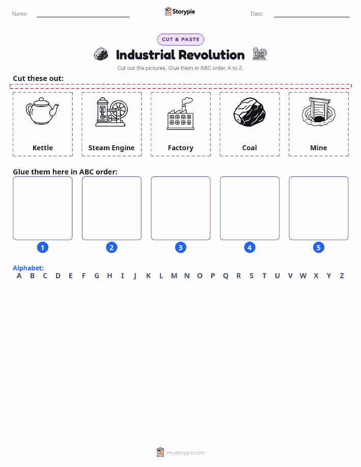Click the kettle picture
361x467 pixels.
pyautogui.click(x=42, y=111)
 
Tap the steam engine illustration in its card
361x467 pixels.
pyautogui.click(x=112, y=112)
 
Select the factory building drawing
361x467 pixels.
pyautogui.click(x=180, y=114)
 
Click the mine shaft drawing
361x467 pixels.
pyautogui.click(x=318, y=112)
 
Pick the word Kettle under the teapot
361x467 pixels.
pyautogui.click(x=43, y=148)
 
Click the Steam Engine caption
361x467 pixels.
pyautogui.click(x=112, y=148)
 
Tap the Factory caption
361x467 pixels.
pyautogui.click(x=180, y=148)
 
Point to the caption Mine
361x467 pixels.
pyautogui.click(x=318, y=148)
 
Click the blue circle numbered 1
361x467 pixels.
pyautogui.click(x=43, y=248)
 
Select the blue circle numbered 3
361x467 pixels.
pyautogui.click(x=180, y=248)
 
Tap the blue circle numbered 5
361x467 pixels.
pyautogui.click(x=318, y=248)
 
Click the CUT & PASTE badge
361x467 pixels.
pyautogui.click(x=180, y=40)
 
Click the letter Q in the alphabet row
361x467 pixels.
pyautogui.click(x=226, y=276)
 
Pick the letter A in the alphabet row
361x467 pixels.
pyautogui.click(x=19, y=276)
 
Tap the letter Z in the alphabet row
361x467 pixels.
pyautogui.click(x=342, y=276)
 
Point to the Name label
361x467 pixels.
pyautogui.click(x=20, y=14)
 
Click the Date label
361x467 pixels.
pyautogui.click(x=257, y=14)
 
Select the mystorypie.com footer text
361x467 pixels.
pyautogui.click(x=185, y=453)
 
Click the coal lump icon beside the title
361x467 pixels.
pyautogui.click(x=101, y=54)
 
